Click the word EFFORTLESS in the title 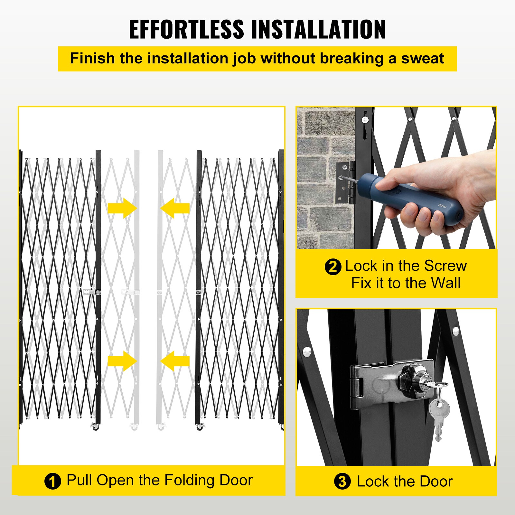tap(186, 29)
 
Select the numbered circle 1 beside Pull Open tap(52, 482)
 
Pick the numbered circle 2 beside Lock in tap(332, 267)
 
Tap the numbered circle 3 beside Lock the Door tap(342, 482)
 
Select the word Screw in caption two tap(445, 266)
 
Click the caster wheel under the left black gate tap(96, 427)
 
